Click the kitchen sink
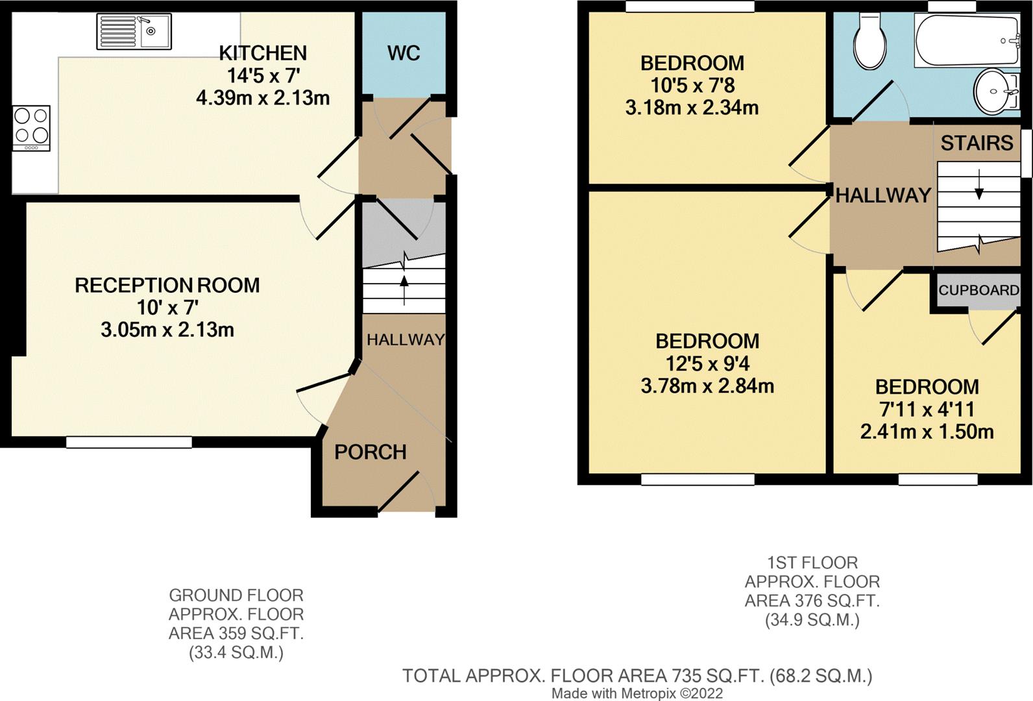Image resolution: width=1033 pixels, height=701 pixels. [x=134, y=32]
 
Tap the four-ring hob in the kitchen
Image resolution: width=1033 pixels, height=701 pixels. [x=31, y=128]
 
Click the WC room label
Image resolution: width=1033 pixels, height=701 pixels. [x=404, y=53]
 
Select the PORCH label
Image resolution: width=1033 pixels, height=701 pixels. [x=371, y=452]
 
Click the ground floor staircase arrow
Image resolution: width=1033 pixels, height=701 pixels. [x=404, y=289]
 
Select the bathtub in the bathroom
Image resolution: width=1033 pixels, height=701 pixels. [x=967, y=40]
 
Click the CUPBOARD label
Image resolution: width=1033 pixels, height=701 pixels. [x=978, y=290]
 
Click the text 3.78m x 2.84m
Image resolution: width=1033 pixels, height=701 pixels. [x=707, y=386]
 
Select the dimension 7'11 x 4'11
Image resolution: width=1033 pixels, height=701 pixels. [x=927, y=410]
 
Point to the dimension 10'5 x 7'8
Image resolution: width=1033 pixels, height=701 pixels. [x=692, y=85]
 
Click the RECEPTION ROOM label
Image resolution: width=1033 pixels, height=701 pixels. [x=167, y=285]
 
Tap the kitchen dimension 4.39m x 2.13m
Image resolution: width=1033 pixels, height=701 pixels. [x=263, y=98]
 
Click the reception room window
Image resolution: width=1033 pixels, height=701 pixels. [x=128, y=442]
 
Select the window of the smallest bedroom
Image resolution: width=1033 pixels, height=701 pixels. [x=938, y=479]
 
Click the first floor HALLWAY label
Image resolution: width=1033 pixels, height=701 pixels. [x=882, y=195]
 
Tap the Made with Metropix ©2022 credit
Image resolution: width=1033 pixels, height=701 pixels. [x=637, y=693]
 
